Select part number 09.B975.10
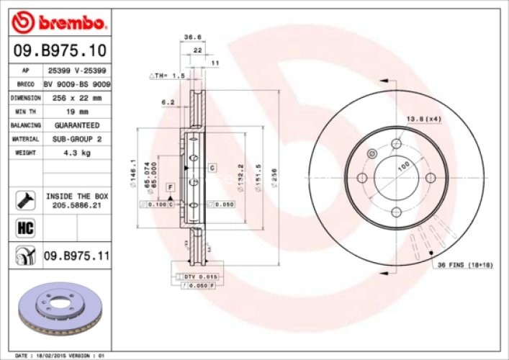tap(60, 50)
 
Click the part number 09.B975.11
tap(76, 255)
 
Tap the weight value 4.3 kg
tap(76, 153)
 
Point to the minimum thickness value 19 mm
tap(76, 112)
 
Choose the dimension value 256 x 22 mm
tap(76, 98)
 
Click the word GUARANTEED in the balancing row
tap(76, 125)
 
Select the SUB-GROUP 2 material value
tap(76, 139)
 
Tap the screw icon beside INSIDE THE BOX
tap(23, 199)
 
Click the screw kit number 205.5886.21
tap(76, 204)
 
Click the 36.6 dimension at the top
tap(192, 37)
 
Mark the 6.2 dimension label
tap(168, 102)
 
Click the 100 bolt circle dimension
tap(402, 165)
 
